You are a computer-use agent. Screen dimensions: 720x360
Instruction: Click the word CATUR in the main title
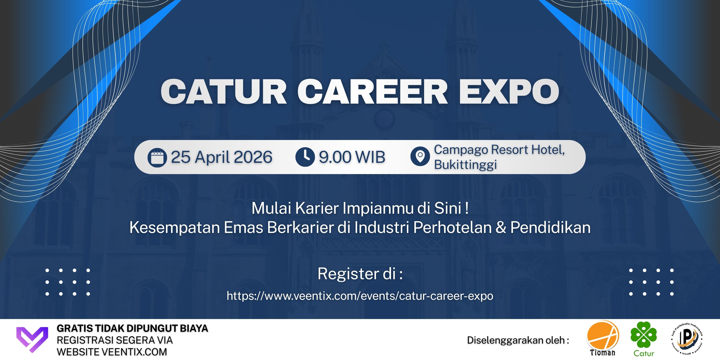(224, 91)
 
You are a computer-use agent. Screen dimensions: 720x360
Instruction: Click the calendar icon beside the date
(157, 157)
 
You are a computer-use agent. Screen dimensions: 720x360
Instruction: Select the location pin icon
(420, 156)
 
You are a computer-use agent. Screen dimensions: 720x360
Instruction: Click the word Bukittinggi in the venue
(465, 165)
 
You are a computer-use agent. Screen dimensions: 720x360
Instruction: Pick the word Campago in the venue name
(461, 150)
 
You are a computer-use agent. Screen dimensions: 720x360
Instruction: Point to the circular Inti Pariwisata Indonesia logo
(686, 338)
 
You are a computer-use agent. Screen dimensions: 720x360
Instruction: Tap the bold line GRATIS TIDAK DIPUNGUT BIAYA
(133, 328)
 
